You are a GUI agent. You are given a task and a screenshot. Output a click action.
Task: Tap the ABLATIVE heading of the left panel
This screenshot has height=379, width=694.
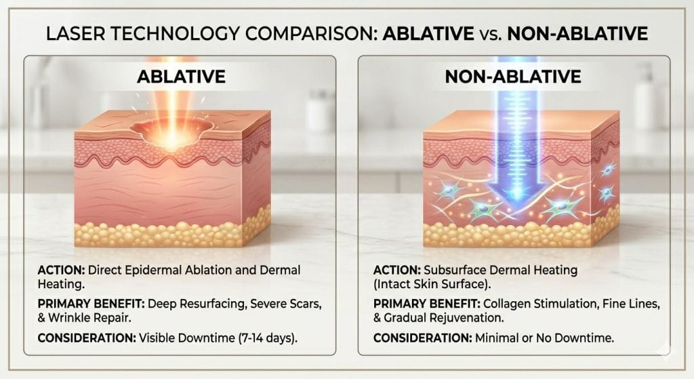pos(181,76)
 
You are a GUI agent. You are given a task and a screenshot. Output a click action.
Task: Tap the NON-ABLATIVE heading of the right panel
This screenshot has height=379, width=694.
pos(513,76)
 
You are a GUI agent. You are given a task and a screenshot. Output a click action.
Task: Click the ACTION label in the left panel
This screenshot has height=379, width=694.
pos(58,271)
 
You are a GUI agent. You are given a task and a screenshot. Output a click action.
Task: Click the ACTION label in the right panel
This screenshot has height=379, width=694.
pos(390,271)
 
